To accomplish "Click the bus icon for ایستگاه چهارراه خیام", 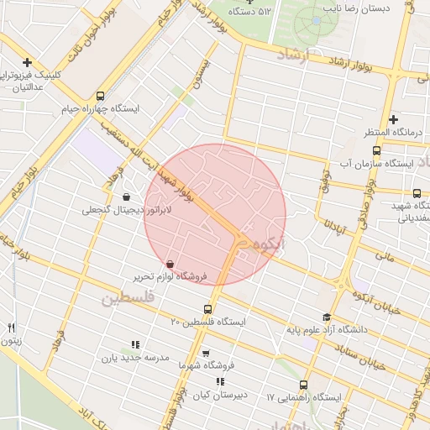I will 101,95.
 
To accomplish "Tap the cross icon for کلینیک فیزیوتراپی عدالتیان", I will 28,62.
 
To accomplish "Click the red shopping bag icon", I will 170,264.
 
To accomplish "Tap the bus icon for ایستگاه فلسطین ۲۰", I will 208,308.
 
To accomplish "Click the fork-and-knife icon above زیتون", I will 11,328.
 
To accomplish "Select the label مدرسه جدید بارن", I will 136,358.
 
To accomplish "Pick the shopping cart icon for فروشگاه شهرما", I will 206,354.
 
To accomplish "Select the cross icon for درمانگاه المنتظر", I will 393,120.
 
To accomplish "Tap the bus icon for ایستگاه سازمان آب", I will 375,151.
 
